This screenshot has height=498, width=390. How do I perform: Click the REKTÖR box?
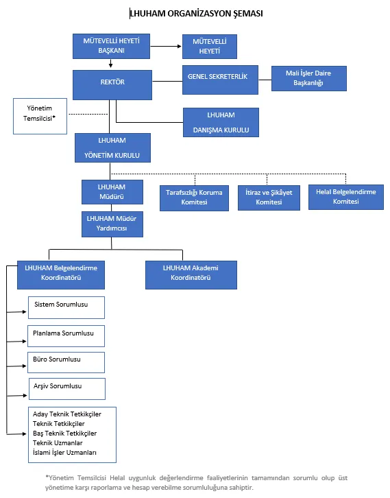[x=112, y=85]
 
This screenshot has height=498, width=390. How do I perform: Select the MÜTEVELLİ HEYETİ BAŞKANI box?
[x=111, y=46]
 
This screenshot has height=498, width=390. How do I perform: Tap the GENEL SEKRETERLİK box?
[x=220, y=80]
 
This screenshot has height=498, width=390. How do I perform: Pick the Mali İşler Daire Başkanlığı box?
[x=308, y=78]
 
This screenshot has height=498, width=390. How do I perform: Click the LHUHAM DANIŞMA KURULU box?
[x=221, y=122]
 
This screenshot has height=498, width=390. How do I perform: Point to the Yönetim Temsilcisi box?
[x=40, y=116]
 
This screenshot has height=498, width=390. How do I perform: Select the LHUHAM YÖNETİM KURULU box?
[x=112, y=147]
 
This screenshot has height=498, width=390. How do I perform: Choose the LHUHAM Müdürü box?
[x=112, y=192]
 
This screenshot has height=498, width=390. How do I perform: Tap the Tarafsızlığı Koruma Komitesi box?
[x=194, y=198]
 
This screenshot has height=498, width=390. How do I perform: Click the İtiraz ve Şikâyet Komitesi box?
[x=269, y=198]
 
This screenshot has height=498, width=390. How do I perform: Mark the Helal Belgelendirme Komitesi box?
[x=346, y=197]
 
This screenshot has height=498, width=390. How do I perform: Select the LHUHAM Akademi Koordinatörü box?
[x=191, y=275]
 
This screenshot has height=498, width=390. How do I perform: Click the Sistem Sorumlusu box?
[x=66, y=307]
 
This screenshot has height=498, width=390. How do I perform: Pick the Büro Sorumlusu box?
[x=66, y=362]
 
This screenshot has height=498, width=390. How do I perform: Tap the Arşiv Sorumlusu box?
[x=67, y=389]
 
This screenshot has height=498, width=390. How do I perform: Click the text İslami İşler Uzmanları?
[x=64, y=453]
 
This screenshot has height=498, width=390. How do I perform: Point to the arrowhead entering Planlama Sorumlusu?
[x=25, y=341]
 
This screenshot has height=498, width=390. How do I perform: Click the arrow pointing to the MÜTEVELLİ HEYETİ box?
[x=166, y=46]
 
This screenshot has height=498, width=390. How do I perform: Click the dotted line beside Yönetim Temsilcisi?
[x=88, y=114]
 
